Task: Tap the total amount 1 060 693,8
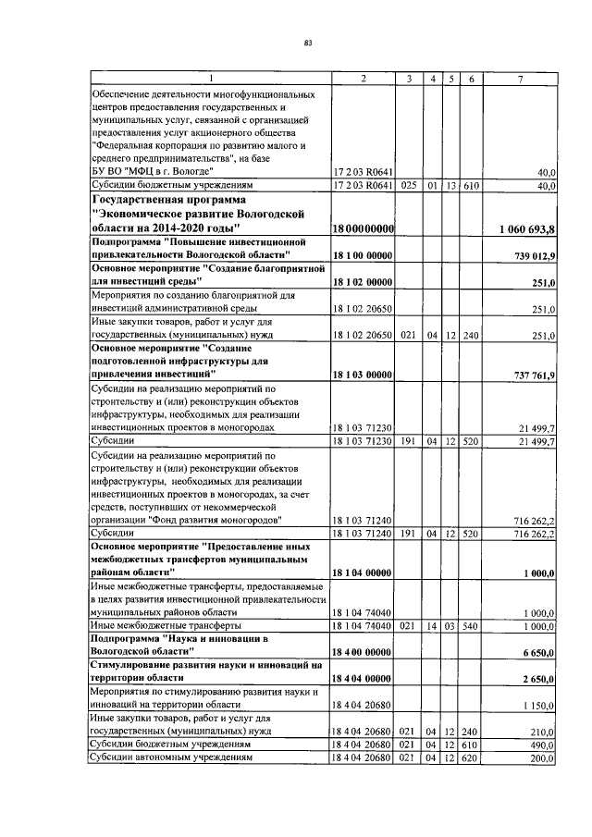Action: tap(525, 228)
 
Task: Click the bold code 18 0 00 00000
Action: tap(364, 228)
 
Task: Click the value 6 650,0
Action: tap(536, 653)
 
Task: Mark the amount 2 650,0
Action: tap(536, 680)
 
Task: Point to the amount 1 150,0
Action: tap(536, 706)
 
